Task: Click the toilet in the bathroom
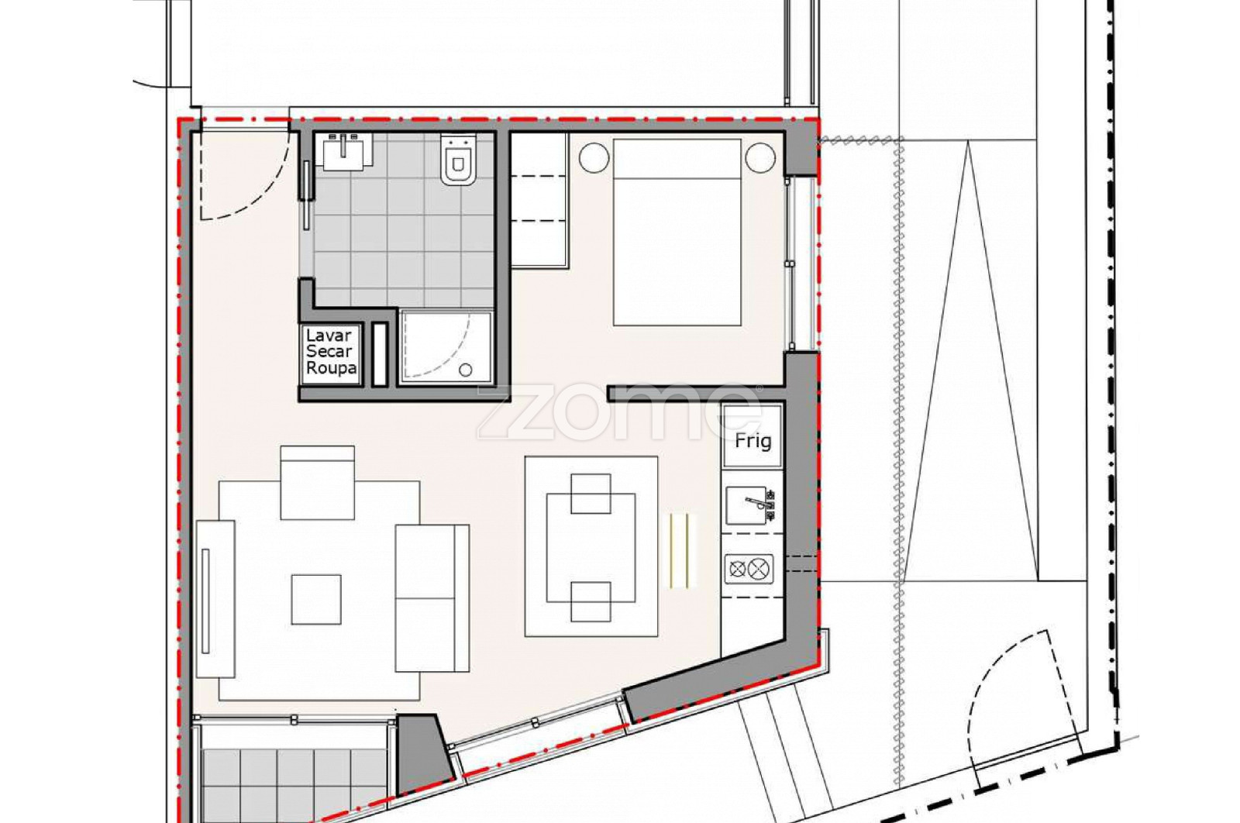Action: point(458,160)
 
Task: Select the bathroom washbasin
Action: point(343,152)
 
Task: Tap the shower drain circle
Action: point(466,370)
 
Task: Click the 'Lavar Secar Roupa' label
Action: point(330,352)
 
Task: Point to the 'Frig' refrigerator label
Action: point(753,441)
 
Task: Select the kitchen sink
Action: point(751,505)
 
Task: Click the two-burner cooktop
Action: point(749,569)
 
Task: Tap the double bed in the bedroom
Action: point(677,232)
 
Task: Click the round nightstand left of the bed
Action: point(594,158)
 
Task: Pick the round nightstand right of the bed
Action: point(760,158)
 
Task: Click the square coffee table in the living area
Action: point(316,599)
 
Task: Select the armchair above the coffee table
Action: point(317,483)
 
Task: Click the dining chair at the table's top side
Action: point(591,493)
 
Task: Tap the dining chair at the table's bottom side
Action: point(591,601)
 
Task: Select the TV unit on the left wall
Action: point(215,599)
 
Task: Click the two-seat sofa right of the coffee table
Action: point(432,598)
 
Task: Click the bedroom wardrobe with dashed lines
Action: point(539,201)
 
